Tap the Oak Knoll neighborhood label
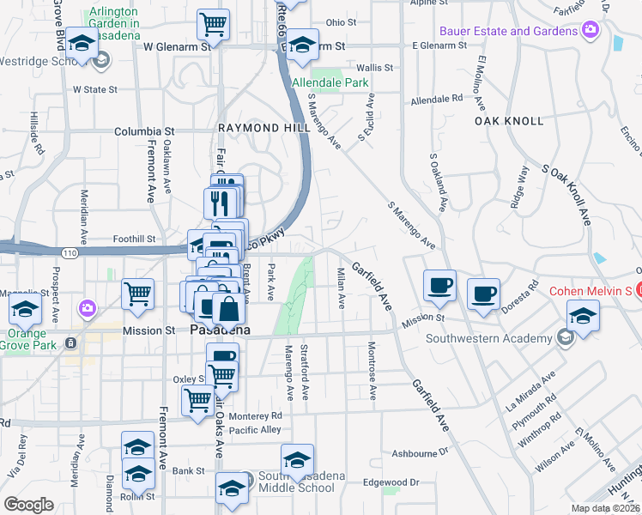coord(510,121)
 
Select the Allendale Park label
coord(330,83)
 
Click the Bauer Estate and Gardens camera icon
coord(590,31)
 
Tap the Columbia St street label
coord(145,132)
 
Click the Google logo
coord(29,504)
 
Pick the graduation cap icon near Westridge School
coord(82,45)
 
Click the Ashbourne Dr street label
coord(421,451)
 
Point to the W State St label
coord(94,88)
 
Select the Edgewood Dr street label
coord(391,482)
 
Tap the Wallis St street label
coord(374,67)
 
